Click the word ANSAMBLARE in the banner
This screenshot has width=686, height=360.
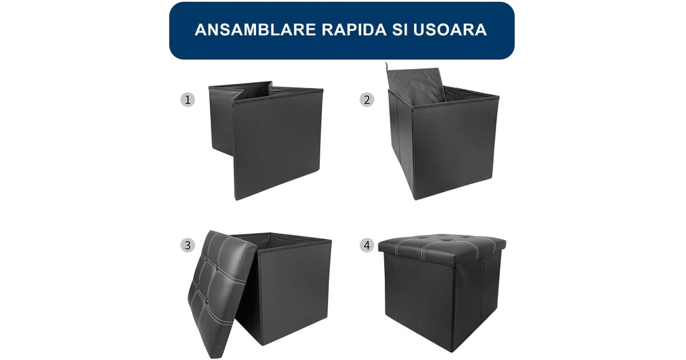[255, 30]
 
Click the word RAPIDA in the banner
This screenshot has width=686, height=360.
[354, 30]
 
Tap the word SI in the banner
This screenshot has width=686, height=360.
[400, 30]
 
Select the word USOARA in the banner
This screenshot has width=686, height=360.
[450, 30]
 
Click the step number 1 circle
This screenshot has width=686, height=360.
[188, 99]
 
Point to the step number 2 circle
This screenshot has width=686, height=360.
[367, 99]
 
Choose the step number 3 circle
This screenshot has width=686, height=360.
[188, 245]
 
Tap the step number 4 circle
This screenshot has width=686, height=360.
[367, 245]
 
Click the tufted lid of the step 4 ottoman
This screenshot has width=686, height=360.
[442, 249]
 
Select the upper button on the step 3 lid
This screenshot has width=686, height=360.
[217, 268]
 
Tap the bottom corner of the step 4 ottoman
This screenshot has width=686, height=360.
[452, 351]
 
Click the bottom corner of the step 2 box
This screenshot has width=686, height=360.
[415, 198]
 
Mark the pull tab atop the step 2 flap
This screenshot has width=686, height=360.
[386, 66]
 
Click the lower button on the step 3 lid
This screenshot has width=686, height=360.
[208, 301]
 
